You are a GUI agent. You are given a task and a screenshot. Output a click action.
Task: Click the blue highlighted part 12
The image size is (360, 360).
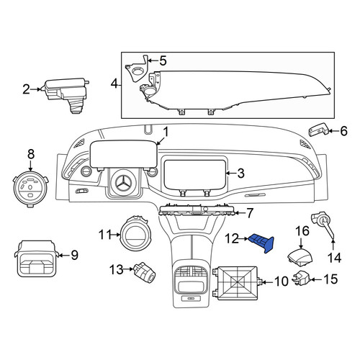262,243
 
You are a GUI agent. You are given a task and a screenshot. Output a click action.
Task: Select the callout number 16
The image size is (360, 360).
302,231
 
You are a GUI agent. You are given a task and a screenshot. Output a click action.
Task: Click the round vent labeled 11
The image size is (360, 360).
134,235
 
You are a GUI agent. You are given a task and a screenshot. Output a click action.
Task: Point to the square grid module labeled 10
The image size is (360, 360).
236,283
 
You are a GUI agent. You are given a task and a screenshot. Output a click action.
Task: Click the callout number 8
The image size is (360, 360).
31,154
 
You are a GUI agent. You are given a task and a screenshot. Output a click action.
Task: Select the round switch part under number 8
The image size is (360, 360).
30,189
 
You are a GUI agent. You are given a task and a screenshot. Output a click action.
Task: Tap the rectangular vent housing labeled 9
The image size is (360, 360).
37,258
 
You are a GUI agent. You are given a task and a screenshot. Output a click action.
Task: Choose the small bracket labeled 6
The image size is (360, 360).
318,131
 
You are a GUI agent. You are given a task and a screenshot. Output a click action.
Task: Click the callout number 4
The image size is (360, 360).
114,84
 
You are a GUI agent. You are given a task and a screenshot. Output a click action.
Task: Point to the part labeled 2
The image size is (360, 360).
65,94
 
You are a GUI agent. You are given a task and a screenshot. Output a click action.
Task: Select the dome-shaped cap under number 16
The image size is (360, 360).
300,258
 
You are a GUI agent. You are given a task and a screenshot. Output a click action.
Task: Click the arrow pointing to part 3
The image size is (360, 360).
231,173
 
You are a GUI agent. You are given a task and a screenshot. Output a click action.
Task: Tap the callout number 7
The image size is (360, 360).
250,213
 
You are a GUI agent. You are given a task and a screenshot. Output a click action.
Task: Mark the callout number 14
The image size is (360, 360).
334,258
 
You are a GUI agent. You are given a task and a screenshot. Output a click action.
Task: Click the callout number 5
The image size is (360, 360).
163,61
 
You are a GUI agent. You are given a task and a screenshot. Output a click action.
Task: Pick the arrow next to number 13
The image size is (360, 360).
128,269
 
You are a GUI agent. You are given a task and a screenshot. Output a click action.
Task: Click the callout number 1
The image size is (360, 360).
166,132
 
